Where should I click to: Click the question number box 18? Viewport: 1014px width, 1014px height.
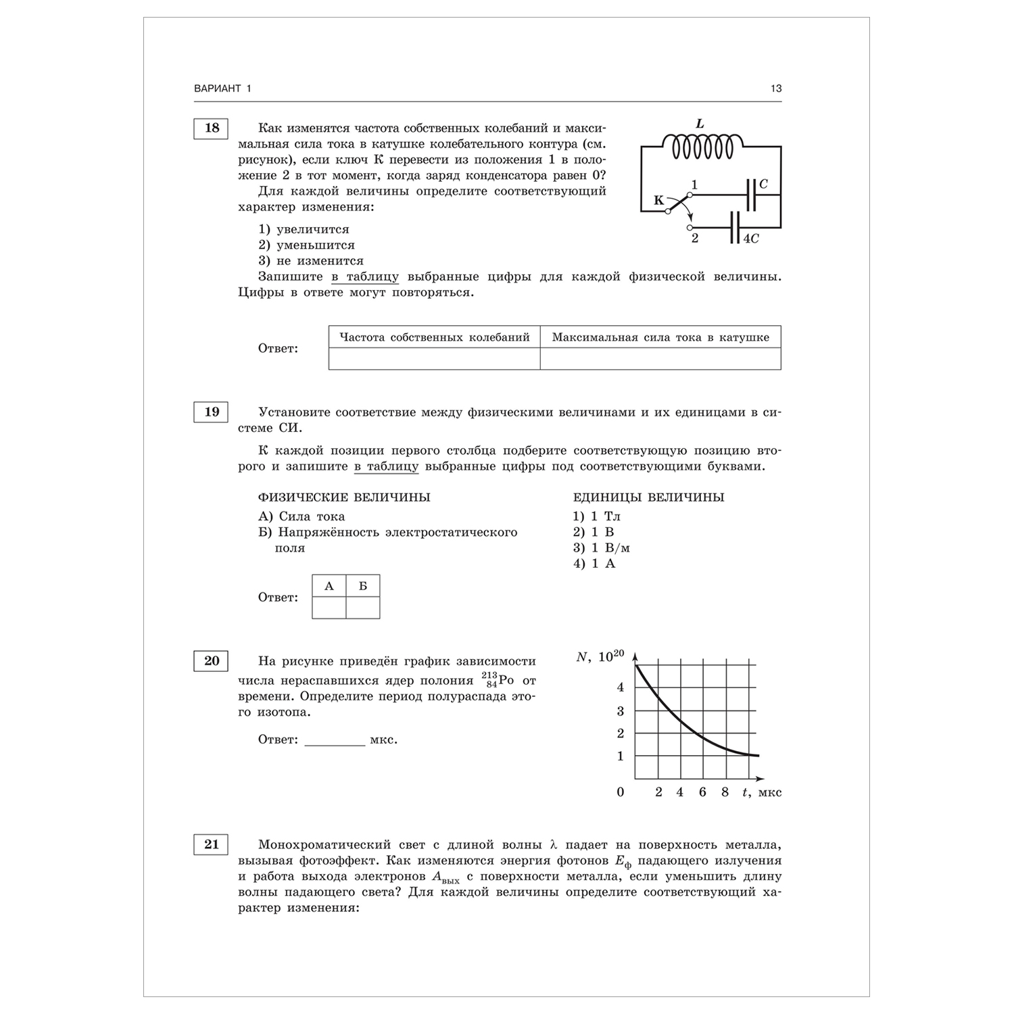pos(211,128)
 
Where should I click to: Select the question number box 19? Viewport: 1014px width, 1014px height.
pos(211,412)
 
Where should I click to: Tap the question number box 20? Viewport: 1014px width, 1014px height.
pos(211,660)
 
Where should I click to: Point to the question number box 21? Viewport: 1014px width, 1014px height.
pos(211,844)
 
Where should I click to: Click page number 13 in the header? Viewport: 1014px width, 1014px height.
pos(775,89)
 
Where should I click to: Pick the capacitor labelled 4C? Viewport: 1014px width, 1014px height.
pos(734,228)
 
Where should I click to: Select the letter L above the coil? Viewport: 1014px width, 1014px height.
pos(700,124)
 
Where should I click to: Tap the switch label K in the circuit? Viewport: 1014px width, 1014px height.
pos(658,201)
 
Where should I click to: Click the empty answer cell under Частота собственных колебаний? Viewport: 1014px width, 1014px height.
pos(434,359)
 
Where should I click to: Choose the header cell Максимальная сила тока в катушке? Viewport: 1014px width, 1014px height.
pos(660,337)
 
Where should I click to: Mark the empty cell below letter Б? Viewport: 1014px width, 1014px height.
pos(363,607)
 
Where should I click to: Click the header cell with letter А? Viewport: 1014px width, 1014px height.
pos(329,586)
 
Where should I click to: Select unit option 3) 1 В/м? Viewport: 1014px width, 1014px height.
pos(602,548)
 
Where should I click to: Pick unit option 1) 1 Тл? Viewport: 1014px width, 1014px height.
pos(597,516)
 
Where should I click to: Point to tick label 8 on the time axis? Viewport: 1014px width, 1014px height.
pos(725,792)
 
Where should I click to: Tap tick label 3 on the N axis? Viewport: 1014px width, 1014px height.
pos(621,711)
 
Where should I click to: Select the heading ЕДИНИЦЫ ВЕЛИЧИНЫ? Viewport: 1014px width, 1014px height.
pos(648,498)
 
